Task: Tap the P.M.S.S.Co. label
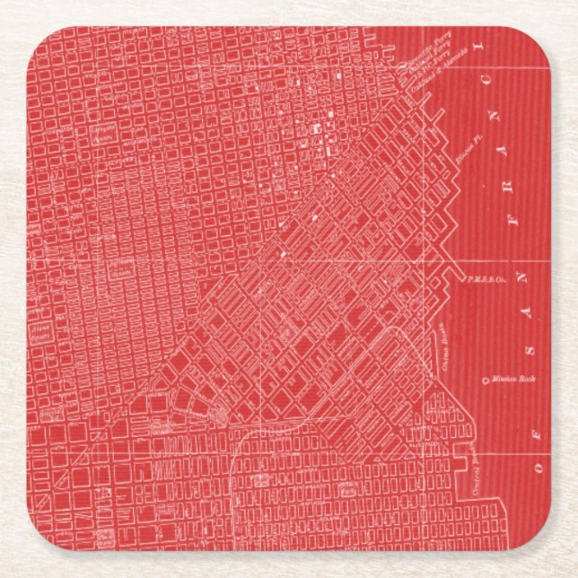tap(482, 279)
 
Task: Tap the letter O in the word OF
tap(539, 466)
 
